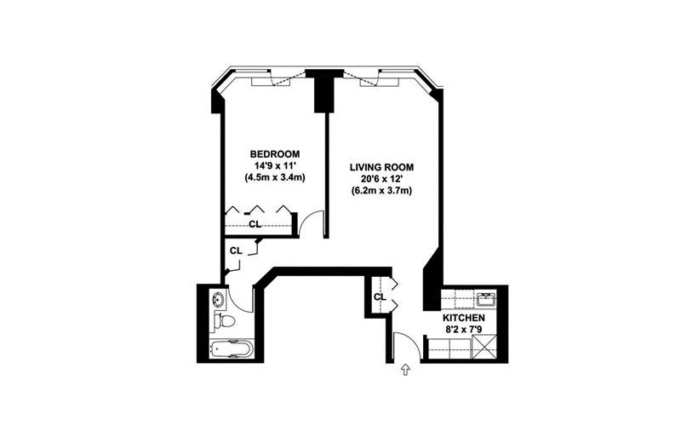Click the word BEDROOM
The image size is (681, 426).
point(274,154)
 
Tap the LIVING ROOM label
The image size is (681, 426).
point(381,167)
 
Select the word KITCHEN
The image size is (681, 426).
point(463,318)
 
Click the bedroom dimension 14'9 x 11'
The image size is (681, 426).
point(274,165)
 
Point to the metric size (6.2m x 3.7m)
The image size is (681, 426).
point(381,190)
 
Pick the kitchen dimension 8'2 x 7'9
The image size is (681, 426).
point(463,330)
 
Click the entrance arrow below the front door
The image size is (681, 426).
point(406,370)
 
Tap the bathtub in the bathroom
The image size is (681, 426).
point(231,348)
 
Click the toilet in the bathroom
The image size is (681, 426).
point(225,321)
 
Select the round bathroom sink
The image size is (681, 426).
point(218,299)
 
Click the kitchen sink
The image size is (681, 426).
point(486,300)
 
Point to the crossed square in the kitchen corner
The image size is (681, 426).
point(484,348)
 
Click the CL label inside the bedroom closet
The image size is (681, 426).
point(255,224)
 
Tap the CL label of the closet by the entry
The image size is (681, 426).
point(380,296)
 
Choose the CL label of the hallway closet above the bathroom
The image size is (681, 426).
point(236,250)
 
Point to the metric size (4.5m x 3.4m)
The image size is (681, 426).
point(274,177)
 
